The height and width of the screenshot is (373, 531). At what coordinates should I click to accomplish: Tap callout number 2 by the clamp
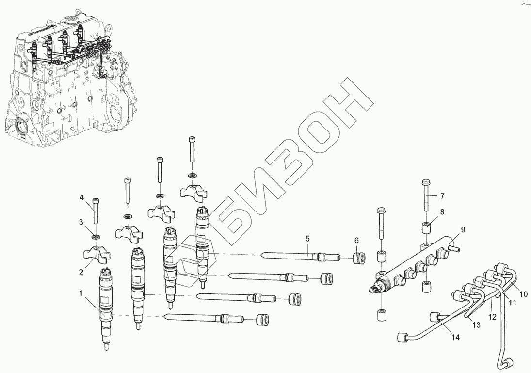81,273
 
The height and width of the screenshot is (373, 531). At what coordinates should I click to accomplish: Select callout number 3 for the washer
82,222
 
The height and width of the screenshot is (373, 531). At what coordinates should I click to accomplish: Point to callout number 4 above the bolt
82,197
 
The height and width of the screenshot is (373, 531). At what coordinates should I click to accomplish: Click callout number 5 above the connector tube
307,238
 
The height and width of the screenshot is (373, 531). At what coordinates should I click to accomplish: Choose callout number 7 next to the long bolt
442,196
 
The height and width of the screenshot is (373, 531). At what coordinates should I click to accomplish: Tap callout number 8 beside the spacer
442,211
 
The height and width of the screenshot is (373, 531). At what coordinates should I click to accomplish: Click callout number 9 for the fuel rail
462,229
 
